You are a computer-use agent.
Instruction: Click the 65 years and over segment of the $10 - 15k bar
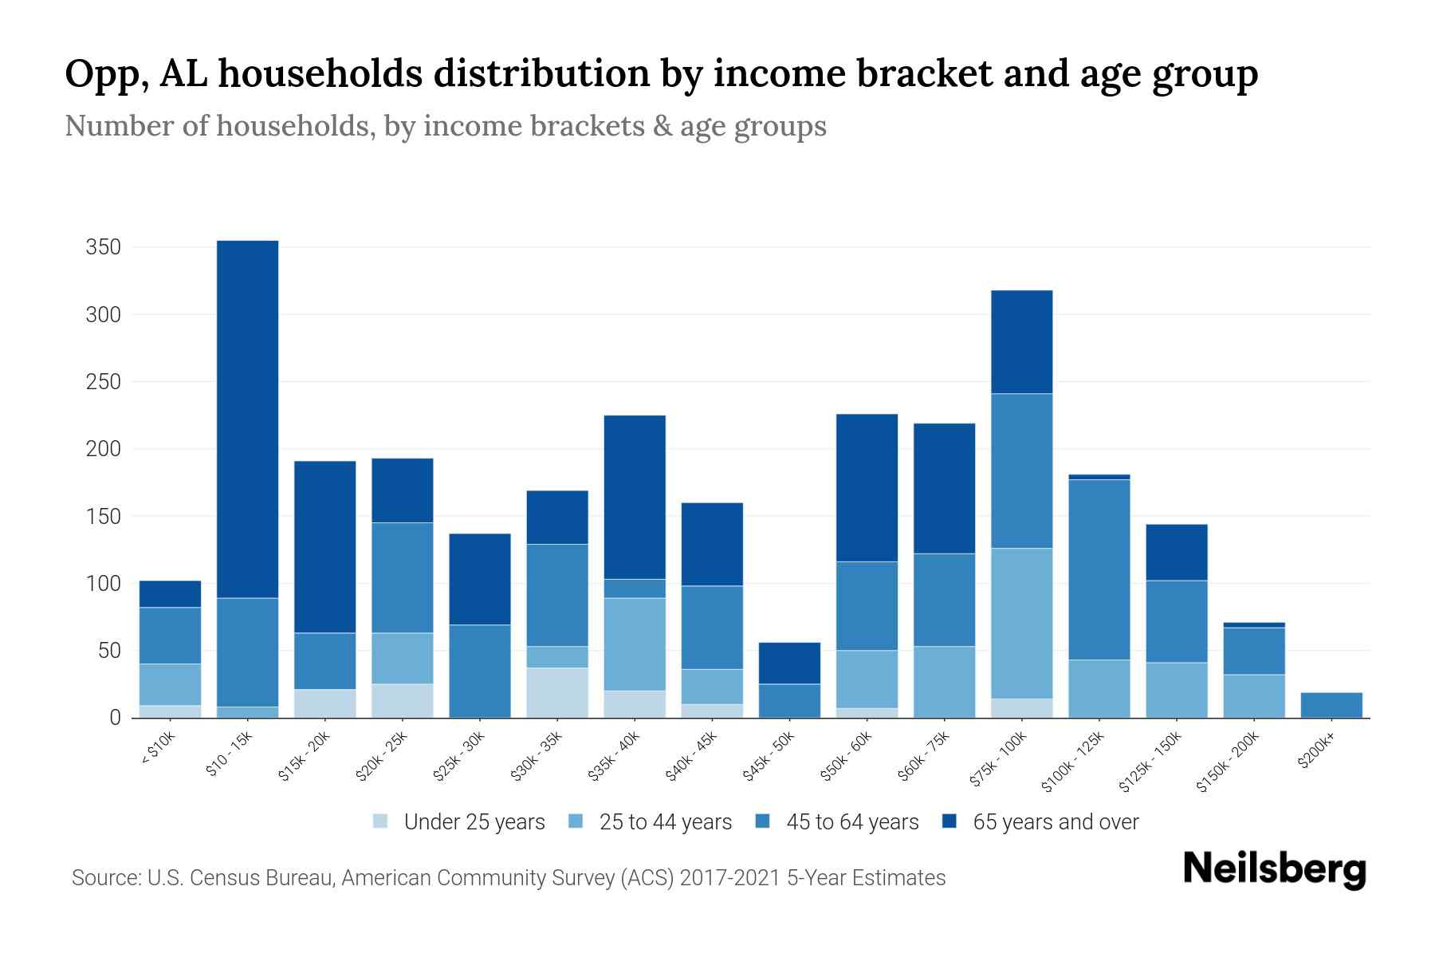tap(247, 419)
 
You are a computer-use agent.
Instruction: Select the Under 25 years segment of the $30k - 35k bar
tap(556, 692)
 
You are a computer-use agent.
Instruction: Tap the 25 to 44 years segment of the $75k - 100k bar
tap(1021, 623)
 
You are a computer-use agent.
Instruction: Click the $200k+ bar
tap(1331, 705)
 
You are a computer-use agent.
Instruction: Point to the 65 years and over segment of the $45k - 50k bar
tap(788, 663)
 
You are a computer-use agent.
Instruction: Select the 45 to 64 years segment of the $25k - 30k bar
tap(479, 671)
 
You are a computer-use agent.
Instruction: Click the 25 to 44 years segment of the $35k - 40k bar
tap(634, 644)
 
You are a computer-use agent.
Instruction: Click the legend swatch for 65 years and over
tap(949, 821)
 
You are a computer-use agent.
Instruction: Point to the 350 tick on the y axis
tap(103, 247)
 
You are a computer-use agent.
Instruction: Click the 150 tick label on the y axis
tap(103, 517)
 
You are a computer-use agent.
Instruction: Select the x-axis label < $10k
tap(158, 749)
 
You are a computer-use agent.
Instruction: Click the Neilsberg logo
tap(1274, 869)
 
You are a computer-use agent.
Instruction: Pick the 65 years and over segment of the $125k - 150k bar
tap(1176, 552)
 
